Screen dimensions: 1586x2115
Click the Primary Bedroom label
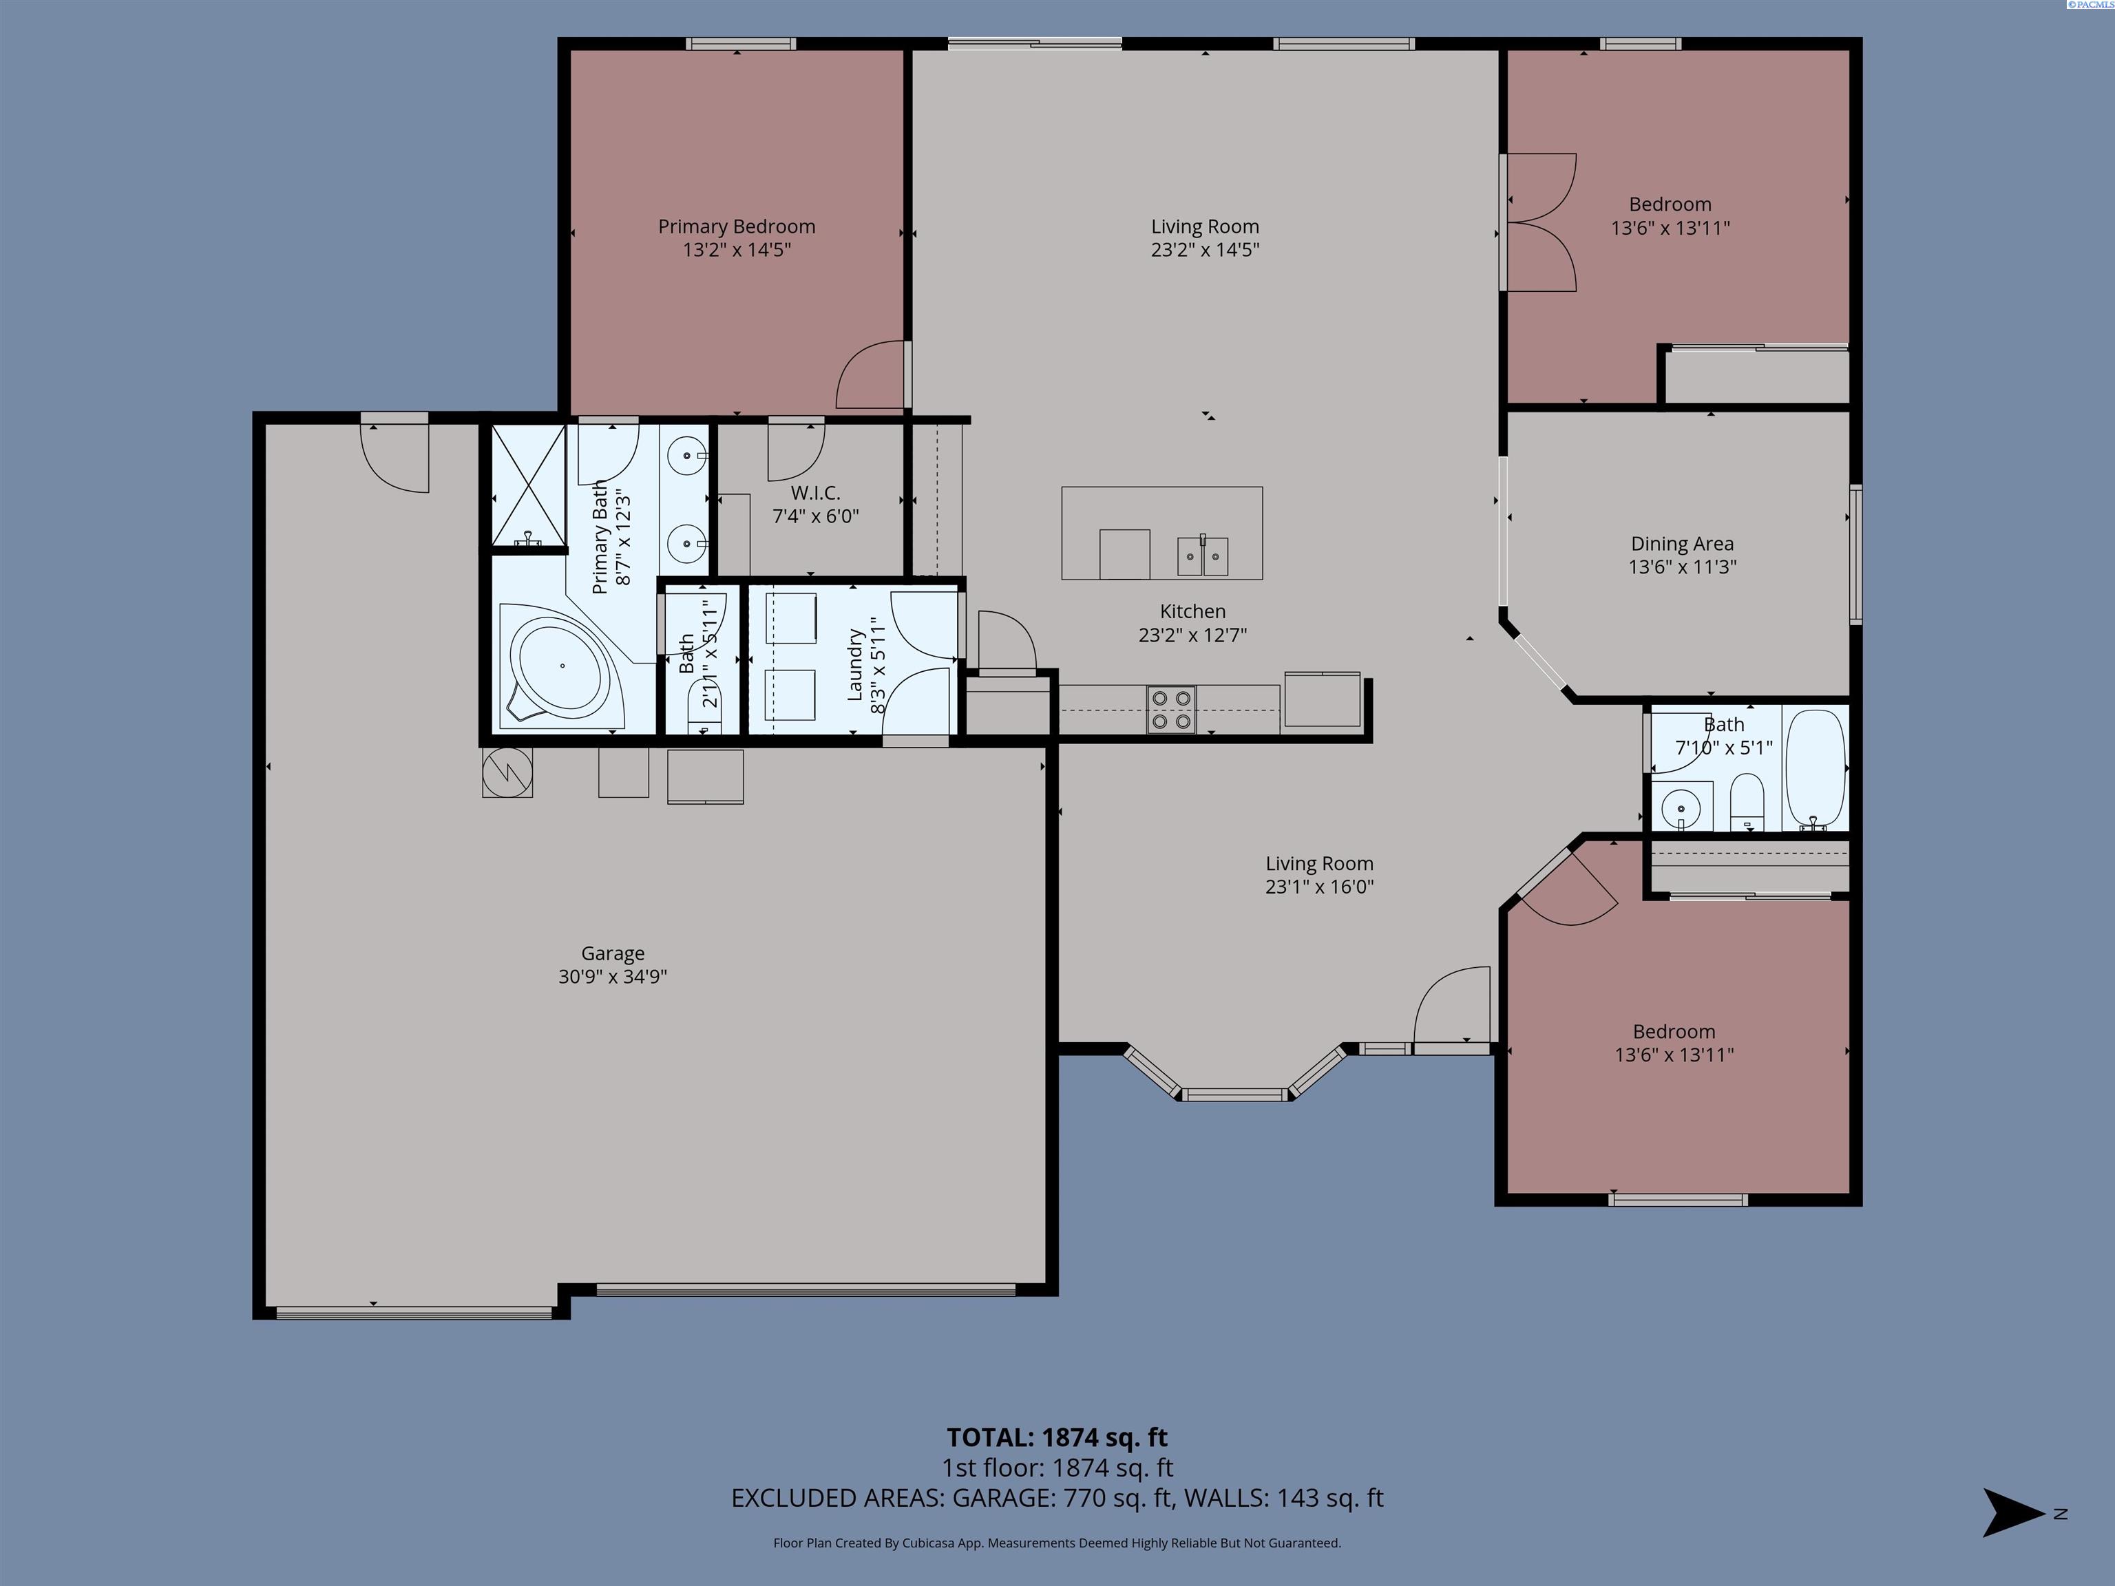pyautogui.click(x=736, y=226)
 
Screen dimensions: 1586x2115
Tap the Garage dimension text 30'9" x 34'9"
pyautogui.click(x=612, y=977)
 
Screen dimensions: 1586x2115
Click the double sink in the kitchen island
pyautogui.click(x=1203, y=556)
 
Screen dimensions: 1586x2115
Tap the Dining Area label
pyautogui.click(x=1682, y=544)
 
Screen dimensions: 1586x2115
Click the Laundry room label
pyautogui.click(x=856, y=664)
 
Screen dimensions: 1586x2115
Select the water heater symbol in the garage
pyautogui.click(x=507, y=772)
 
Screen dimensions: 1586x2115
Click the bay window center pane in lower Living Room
pyautogui.click(x=1234, y=1095)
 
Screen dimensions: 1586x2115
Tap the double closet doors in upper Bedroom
pyautogui.click(x=1541, y=223)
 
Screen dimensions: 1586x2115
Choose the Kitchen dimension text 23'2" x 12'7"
pyautogui.click(x=1192, y=635)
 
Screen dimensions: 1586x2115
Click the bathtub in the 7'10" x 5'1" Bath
pyautogui.click(x=1815, y=770)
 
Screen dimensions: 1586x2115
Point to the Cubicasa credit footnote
pyautogui.click(x=1057, y=1543)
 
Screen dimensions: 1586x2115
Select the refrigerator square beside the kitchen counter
pyautogui.click(x=1321, y=700)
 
